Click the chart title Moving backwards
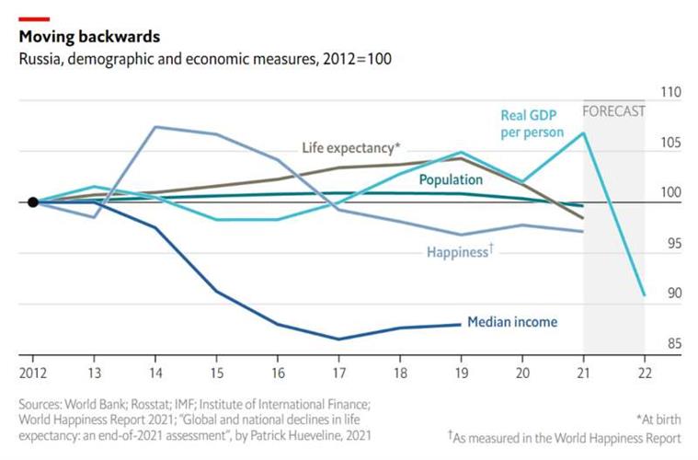pyautogui.click(x=89, y=38)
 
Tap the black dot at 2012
pyautogui.click(x=32, y=202)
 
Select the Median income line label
pyautogui.click(x=512, y=322)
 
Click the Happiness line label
pyautogui.click(x=460, y=251)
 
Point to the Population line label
pyautogui.click(x=451, y=179)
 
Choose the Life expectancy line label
pyautogui.click(x=351, y=147)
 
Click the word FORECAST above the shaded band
pyautogui.click(x=614, y=111)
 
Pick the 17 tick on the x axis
pyautogui.click(x=338, y=374)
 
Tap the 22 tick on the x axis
pyautogui.click(x=645, y=374)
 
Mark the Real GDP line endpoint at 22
pyautogui.click(x=644, y=294)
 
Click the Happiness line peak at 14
pyautogui.click(x=154, y=127)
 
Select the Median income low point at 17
pyautogui.click(x=338, y=339)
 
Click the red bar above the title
pyautogui.click(x=34, y=17)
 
